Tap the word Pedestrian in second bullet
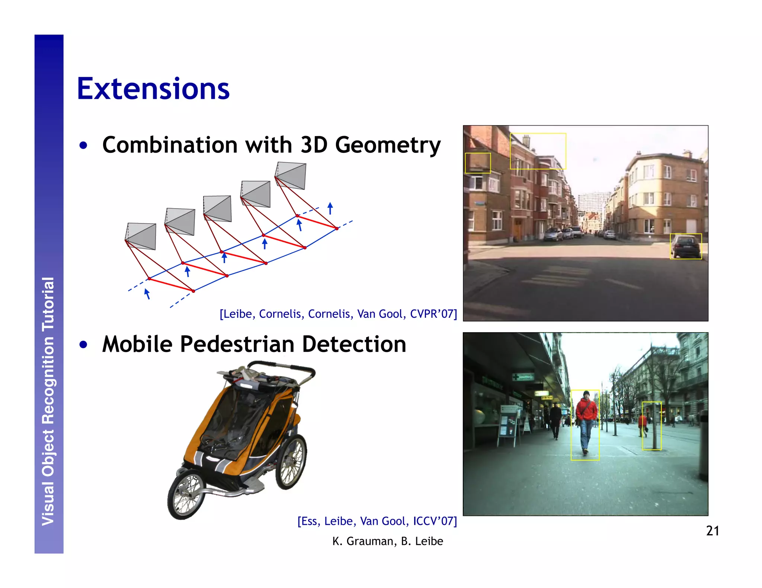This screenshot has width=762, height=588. coord(238,344)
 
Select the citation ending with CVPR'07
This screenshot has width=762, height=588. coord(338,314)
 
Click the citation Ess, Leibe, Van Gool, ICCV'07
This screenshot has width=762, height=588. coord(377,521)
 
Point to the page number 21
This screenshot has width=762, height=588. coord(712,531)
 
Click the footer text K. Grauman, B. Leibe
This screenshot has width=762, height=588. coord(387,541)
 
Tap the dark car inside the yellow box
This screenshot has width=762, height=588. coord(685,246)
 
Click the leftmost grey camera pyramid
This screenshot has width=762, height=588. coord(141,236)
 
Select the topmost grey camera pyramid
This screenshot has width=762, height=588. coord(291,175)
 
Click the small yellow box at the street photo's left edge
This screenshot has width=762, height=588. coord(478,163)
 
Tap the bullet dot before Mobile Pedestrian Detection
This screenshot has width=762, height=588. coord(83,345)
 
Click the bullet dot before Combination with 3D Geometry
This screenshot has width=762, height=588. coord(83,145)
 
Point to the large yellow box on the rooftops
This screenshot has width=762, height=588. coord(538,151)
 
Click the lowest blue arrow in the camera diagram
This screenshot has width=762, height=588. coord(147,294)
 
